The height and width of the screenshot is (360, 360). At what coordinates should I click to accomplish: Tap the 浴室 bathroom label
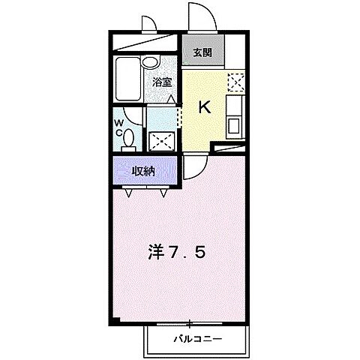(162, 82)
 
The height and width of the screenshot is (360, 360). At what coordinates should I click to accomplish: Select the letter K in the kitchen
(205, 106)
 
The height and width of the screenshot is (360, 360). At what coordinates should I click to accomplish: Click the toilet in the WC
(129, 139)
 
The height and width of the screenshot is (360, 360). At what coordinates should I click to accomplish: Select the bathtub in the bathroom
(125, 79)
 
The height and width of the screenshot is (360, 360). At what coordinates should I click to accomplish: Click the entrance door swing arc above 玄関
(200, 16)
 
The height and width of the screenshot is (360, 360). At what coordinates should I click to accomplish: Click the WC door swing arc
(133, 115)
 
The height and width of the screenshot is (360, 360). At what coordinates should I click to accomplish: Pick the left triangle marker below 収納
(130, 193)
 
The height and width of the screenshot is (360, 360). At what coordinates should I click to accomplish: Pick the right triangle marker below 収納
(163, 193)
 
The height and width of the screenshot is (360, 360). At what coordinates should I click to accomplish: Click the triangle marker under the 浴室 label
(171, 98)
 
